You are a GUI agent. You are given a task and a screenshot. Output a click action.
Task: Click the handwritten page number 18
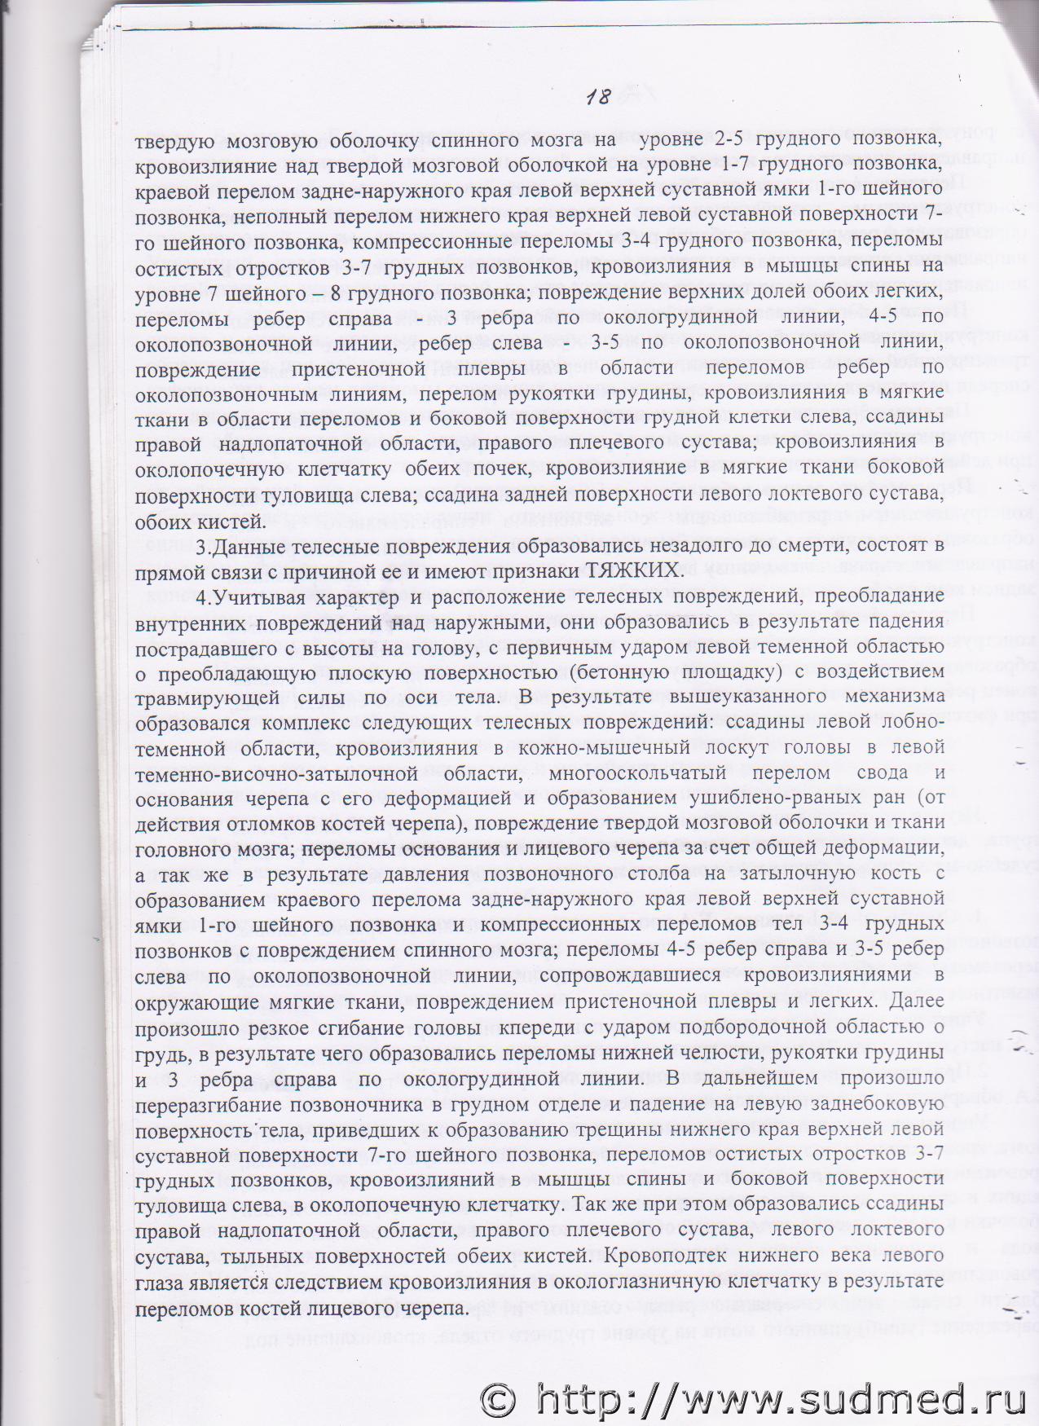click(598, 97)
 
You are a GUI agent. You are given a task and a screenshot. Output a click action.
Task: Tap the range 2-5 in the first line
click(726, 139)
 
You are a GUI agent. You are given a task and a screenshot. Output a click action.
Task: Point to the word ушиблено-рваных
click(799, 798)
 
